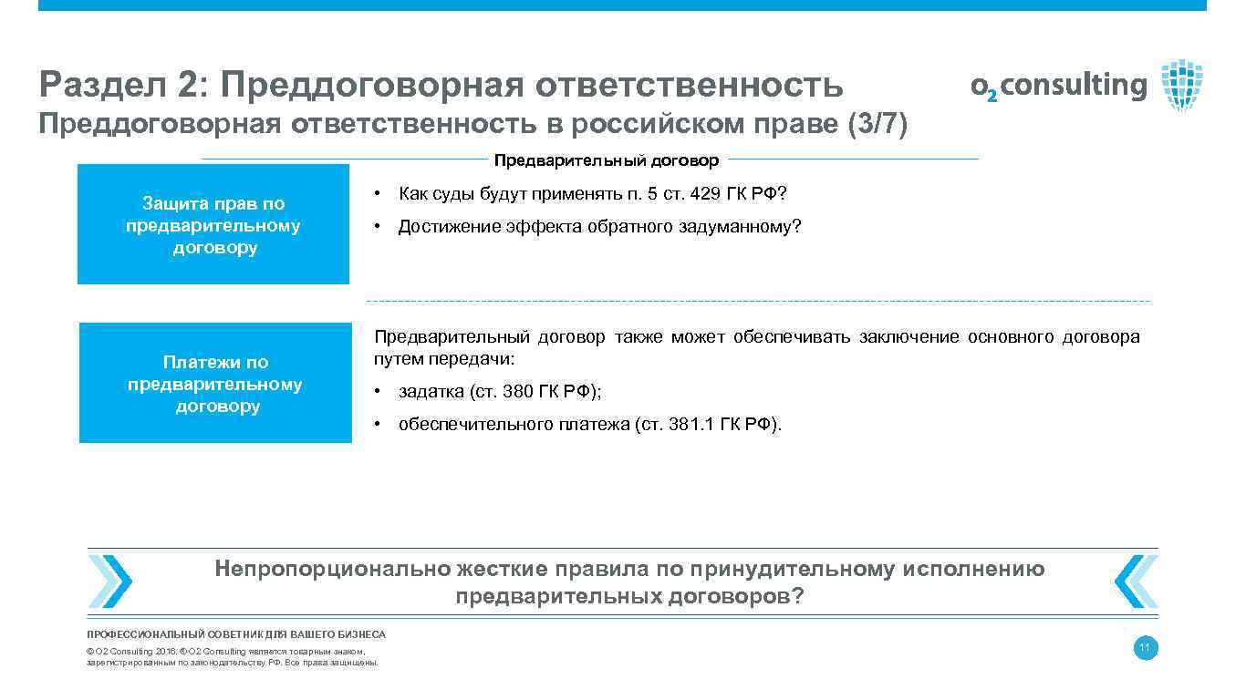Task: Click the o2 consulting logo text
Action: (1058, 87)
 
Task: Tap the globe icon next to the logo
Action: (1182, 85)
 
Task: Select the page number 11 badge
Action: (1146, 649)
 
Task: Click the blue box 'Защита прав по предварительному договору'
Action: (213, 225)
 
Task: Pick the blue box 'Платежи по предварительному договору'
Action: (215, 384)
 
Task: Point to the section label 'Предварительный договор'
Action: (607, 160)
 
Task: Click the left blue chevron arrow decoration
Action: (110, 582)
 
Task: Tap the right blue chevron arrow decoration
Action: (1135, 582)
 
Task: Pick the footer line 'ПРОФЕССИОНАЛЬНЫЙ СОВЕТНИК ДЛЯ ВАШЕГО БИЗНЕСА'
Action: (236, 634)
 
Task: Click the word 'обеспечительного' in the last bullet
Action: (474, 424)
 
